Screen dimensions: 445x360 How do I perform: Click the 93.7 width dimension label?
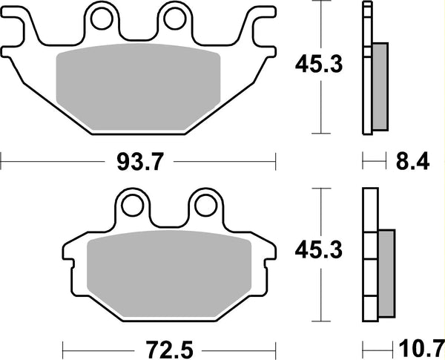pyautogui.click(x=140, y=162)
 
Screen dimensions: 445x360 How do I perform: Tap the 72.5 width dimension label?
pyautogui.click(x=169, y=350)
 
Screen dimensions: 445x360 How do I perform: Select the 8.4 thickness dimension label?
pyautogui.click(x=412, y=161)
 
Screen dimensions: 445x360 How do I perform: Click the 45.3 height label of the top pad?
pyautogui.click(x=319, y=65)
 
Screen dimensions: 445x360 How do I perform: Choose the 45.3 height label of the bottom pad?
pyautogui.click(x=319, y=250)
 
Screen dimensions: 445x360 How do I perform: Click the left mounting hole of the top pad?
pyautogui.click(x=102, y=19)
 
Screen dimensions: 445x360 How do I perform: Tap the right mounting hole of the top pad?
pyautogui.click(x=175, y=19)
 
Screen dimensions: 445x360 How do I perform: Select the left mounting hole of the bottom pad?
pyautogui.click(x=132, y=205)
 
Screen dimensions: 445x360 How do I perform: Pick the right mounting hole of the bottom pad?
pyautogui.click(x=206, y=205)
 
